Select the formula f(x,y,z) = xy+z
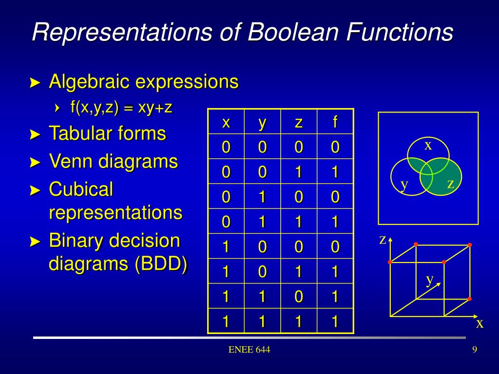click(121, 108)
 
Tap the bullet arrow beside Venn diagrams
click(35, 162)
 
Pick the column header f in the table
click(335, 122)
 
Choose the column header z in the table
click(299, 122)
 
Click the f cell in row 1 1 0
click(335, 296)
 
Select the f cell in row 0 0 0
click(335, 147)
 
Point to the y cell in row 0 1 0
click(262, 197)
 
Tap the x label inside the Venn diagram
click(428, 145)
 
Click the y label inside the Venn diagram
click(404, 184)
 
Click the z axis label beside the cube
click(383, 240)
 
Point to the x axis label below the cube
click(480, 323)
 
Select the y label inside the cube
click(430, 280)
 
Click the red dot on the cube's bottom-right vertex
click(469, 299)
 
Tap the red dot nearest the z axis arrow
click(390, 262)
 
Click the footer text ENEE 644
click(249, 350)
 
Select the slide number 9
click(475, 350)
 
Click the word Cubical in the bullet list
click(81, 189)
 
